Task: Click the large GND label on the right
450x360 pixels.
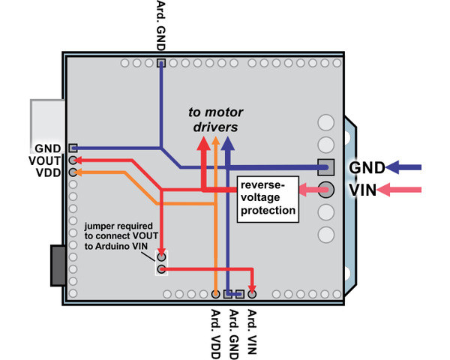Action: coord(368,167)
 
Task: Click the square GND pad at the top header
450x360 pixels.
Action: coord(160,64)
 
